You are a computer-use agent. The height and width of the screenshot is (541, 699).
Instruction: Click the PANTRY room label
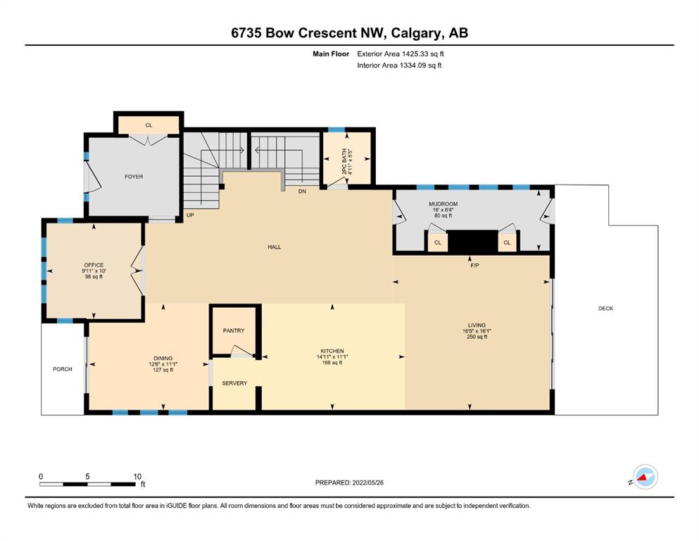click(234, 330)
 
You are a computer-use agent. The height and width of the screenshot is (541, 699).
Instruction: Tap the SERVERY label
click(234, 383)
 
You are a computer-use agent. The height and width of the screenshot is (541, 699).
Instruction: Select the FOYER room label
click(134, 177)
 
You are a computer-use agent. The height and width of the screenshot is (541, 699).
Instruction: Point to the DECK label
click(606, 309)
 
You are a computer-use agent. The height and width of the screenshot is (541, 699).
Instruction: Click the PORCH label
click(63, 369)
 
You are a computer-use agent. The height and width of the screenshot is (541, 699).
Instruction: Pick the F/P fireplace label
click(474, 266)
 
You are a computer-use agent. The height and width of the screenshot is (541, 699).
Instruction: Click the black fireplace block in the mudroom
click(473, 242)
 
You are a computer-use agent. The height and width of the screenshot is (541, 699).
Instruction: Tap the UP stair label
click(190, 215)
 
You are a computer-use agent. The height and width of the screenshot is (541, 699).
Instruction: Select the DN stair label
click(302, 192)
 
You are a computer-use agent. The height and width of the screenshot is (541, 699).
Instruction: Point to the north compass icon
click(645, 477)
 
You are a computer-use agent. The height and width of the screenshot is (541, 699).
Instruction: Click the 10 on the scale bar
click(137, 476)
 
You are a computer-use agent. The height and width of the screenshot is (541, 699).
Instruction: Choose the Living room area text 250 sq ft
click(477, 337)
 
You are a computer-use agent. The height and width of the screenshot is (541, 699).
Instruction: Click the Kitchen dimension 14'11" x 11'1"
click(332, 357)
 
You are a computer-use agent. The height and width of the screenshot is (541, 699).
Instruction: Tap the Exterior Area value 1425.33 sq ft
click(423, 54)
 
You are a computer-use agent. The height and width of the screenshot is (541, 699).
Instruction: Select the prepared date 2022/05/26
click(367, 483)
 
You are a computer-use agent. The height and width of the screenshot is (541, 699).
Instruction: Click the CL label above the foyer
click(149, 125)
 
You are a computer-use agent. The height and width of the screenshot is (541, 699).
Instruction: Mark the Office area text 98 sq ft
click(94, 277)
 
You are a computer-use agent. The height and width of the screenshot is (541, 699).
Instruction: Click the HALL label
click(274, 247)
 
